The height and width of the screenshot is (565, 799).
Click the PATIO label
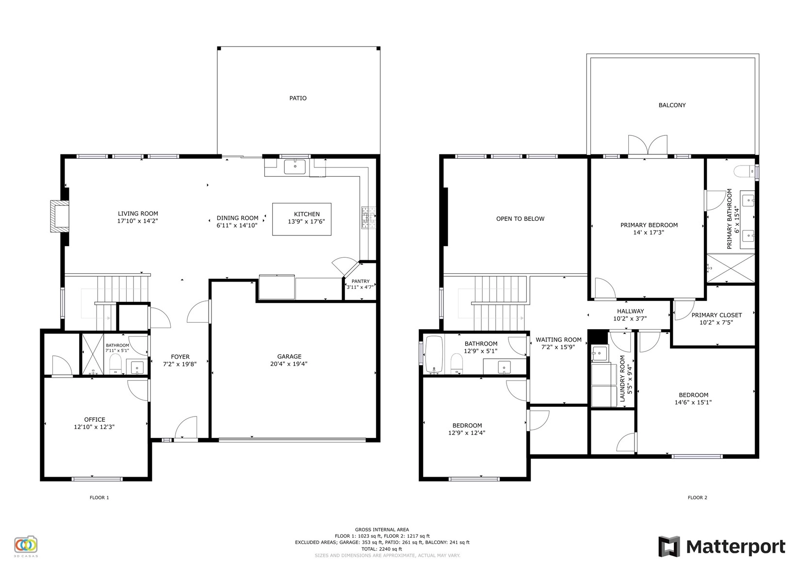298,98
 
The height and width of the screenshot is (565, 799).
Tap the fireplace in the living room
59,216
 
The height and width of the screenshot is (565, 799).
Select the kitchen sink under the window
294,166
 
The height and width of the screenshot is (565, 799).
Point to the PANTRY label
360,281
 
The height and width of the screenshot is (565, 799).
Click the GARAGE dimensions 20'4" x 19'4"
289,364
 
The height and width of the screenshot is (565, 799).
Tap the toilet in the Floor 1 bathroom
115,364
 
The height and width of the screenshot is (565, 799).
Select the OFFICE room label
95,419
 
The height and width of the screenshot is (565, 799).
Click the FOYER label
180,357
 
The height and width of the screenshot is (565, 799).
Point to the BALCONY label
672,105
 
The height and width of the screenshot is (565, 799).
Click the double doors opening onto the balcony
648,146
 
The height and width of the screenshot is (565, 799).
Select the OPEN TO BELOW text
521,219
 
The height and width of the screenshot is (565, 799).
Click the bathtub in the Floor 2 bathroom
435,355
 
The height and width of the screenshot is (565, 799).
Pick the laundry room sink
600,353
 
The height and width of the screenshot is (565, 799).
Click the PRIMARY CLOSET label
717,315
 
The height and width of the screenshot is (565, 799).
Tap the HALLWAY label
630,311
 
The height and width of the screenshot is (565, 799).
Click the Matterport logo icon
669,547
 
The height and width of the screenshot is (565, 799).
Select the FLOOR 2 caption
697,498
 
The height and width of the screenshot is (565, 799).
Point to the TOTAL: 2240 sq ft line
382,549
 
